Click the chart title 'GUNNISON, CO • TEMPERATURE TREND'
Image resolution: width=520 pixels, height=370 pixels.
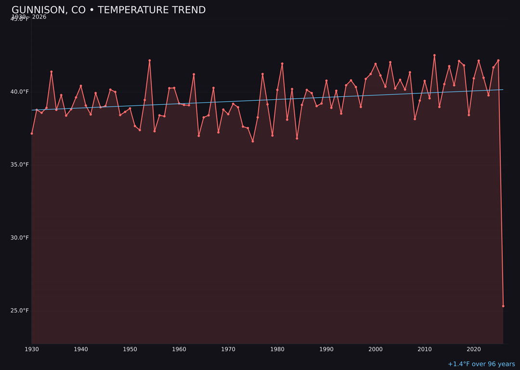(108, 10)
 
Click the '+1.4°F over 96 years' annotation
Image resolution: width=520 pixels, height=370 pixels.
(481, 364)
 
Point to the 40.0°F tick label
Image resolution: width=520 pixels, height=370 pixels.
(20, 92)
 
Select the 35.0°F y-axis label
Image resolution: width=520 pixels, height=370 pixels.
(20, 165)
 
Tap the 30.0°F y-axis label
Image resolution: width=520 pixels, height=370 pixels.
(20, 238)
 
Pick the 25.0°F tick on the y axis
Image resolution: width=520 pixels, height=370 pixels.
(20, 310)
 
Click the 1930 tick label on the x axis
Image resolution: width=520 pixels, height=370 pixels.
(32, 349)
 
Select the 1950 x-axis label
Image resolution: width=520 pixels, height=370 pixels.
(130, 349)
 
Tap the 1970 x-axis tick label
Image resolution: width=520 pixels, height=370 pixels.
(228, 349)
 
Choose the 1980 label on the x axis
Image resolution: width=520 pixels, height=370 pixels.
(277, 349)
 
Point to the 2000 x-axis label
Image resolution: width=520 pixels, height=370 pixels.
(376, 349)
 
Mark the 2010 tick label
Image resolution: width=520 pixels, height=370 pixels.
(425, 349)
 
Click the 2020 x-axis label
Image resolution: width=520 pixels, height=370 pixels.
(474, 349)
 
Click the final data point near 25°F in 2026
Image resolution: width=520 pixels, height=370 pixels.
(503, 306)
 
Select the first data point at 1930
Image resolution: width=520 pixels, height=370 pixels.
(32, 133)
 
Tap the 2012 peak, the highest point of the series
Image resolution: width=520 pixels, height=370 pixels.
(434, 55)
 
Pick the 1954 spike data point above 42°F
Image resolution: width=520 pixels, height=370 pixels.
(150, 61)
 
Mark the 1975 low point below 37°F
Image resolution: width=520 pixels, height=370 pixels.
(253, 141)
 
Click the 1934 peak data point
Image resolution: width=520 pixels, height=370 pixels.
(52, 72)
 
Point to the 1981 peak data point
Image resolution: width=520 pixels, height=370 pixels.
(282, 64)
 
